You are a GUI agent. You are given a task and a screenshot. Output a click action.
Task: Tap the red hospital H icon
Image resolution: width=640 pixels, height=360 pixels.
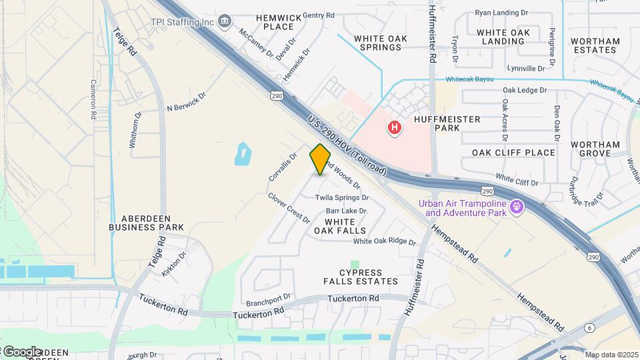click(x=395, y=127)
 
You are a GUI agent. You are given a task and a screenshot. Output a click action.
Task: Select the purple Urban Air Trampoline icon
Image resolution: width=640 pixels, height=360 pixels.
click(x=515, y=208)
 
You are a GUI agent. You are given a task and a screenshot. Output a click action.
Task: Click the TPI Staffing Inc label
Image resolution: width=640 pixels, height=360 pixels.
click(x=182, y=22)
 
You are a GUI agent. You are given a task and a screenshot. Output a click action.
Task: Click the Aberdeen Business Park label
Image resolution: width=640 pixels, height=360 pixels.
click(x=147, y=223)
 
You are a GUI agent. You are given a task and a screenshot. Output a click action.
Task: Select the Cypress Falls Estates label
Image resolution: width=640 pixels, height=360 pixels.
click(x=370, y=277)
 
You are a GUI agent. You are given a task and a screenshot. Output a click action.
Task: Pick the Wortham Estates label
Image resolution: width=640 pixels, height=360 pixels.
click(x=595, y=45)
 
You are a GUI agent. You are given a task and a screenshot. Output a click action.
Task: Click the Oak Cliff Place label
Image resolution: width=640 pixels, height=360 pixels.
click(x=513, y=153)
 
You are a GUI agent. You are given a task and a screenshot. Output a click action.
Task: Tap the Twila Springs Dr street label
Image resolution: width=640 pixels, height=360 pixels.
click(x=343, y=198)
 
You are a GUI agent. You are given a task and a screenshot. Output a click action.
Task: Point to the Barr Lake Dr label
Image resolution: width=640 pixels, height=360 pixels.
click(x=346, y=211)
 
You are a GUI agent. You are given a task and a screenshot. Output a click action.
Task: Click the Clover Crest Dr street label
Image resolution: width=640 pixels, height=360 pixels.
click(x=289, y=208)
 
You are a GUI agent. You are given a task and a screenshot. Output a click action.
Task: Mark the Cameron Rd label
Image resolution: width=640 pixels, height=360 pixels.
click(x=93, y=100)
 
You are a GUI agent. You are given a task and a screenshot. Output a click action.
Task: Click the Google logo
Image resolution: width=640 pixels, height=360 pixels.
click(x=21, y=351)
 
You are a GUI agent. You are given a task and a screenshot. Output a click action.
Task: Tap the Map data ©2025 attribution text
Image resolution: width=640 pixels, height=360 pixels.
click(x=611, y=355)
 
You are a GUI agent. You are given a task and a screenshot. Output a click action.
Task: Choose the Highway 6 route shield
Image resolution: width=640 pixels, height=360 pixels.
click(x=589, y=327)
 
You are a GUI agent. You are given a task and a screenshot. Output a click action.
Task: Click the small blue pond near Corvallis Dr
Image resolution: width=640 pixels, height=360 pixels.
click(x=243, y=155)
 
